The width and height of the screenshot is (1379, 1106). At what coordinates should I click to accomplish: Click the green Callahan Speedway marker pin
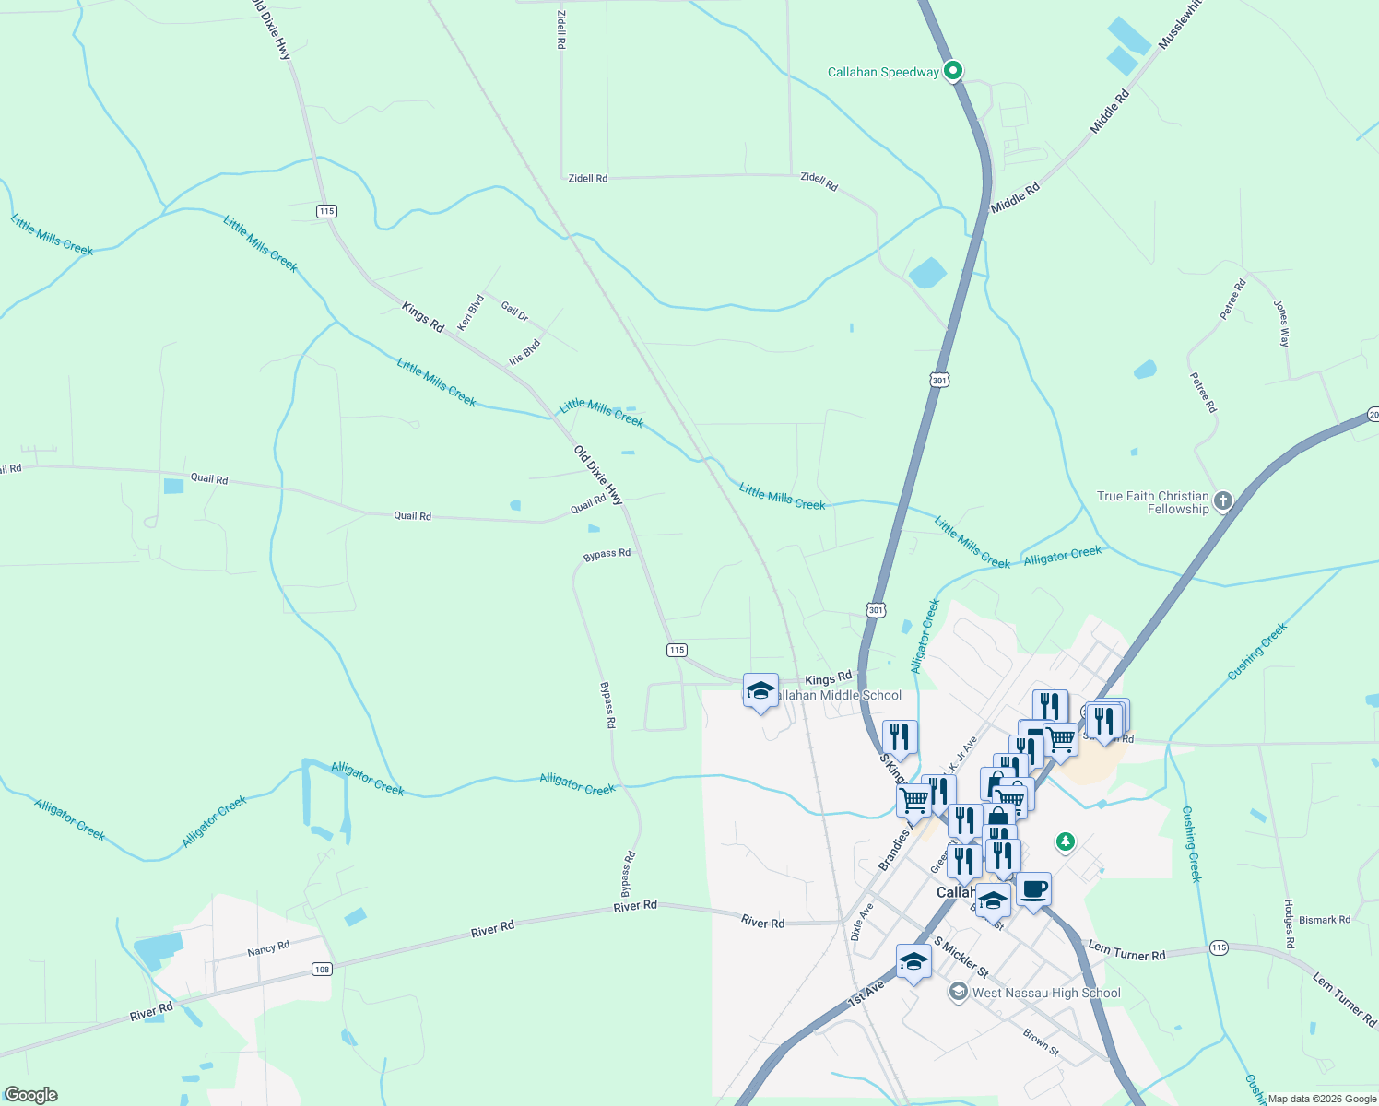point(954,71)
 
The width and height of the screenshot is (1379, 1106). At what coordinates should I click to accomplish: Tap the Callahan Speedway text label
point(883,72)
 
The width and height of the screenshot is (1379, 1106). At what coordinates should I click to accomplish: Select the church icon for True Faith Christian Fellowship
point(1223,501)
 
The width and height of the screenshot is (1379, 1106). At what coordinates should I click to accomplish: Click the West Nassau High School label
point(1046,993)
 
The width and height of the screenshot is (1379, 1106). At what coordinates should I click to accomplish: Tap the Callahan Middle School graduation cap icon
point(760,691)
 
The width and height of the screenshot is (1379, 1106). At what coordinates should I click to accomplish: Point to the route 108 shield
point(321,969)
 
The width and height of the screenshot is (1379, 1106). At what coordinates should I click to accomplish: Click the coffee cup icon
point(1033,889)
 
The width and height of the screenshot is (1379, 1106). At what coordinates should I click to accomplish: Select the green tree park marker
point(1066,841)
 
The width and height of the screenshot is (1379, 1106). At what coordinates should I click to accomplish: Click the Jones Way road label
point(1282,323)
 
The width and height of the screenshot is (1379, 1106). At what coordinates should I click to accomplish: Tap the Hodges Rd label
point(1290,924)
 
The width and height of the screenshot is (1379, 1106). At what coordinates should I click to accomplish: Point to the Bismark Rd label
point(1324,920)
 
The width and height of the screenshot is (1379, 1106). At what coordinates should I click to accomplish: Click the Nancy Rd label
point(268,948)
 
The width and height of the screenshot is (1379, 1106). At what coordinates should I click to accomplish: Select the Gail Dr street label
point(514,312)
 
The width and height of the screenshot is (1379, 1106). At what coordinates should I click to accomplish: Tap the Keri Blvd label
point(471,312)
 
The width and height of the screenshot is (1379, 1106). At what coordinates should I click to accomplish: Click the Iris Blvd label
point(524,352)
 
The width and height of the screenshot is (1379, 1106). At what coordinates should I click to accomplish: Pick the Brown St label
point(1041,1042)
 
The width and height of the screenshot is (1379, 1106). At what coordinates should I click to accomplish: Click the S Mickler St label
point(961,958)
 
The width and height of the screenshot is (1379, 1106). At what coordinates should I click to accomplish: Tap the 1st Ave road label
point(866,993)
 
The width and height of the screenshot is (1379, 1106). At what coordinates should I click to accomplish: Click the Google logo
point(31,1095)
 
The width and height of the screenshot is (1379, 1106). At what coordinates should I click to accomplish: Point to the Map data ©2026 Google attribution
point(1322,1099)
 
